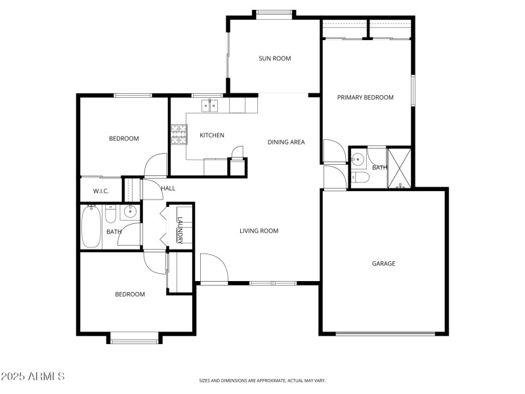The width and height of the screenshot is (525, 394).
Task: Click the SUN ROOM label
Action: [274, 58]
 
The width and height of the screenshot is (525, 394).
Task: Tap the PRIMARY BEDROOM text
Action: [365, 97]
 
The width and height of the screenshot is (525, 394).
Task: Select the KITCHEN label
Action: [212, 135]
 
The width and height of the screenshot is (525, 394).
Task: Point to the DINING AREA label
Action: [285, 142]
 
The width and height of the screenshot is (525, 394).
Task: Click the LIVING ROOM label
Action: [259, 230]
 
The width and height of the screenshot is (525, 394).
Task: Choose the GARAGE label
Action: [383, 263]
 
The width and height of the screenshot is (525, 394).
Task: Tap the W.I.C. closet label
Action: [100, 192]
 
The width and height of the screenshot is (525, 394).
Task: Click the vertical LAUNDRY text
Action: [180, 230]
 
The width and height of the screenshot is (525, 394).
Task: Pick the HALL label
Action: [168, 188]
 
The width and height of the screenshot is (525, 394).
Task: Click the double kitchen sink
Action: [210, 104]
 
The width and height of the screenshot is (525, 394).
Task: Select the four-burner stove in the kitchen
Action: [177, 135]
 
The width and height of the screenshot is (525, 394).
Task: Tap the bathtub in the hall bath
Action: [91, 226]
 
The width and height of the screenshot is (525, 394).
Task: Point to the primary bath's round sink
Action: [357, 159]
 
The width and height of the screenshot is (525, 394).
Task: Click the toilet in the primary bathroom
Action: [358, 178]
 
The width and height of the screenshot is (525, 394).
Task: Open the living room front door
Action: [213, 269]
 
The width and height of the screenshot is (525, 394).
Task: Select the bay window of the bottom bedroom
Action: [134, 338]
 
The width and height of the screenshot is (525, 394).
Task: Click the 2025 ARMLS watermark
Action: [33, 376]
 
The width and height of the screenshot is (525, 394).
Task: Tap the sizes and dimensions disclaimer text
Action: [262, 380]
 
